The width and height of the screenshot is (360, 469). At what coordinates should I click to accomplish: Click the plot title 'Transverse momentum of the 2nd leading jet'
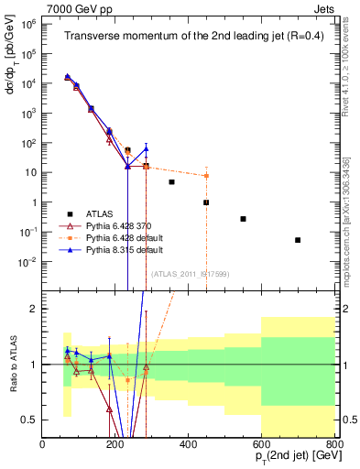click(x=190, y=37)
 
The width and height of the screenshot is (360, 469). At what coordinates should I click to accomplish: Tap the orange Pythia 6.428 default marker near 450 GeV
click(x=207, y=176)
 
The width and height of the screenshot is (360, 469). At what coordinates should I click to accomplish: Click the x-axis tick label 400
click(x=189, y=444)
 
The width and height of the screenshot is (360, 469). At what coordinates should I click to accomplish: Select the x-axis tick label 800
click(x=333, y=444)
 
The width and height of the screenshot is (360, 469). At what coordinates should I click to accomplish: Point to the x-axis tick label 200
click(x=115, y=444)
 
